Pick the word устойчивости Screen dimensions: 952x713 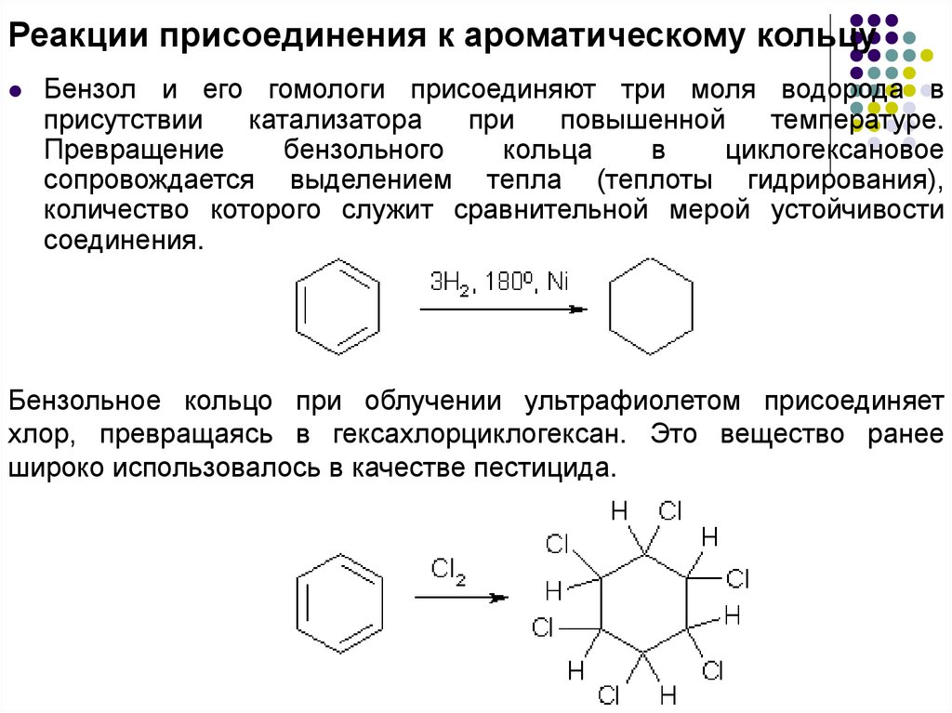857,210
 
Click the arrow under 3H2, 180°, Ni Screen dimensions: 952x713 503,310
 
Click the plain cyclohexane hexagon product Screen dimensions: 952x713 651,305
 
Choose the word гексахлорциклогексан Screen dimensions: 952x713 485,432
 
